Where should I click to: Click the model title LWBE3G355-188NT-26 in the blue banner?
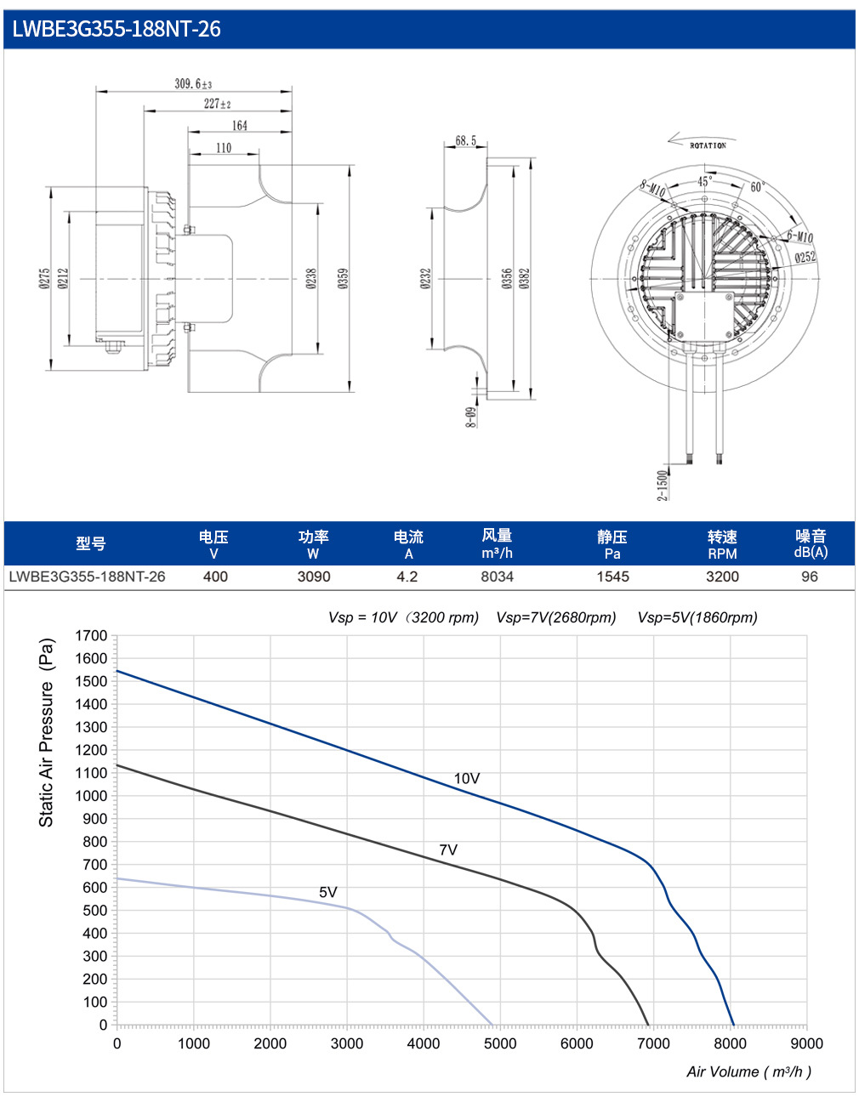[117, 29]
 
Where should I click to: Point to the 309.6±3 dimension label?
[193, 83]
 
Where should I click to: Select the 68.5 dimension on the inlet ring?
[465, 140]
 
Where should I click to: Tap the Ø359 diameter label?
[343, 278]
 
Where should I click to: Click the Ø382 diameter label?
[525, 278]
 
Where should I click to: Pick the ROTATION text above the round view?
[708, 145]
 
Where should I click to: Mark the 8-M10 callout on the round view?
[652, 189]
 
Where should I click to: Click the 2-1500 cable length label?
[662, 486]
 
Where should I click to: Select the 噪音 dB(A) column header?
[810, 543]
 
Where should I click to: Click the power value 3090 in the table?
[314, 577]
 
